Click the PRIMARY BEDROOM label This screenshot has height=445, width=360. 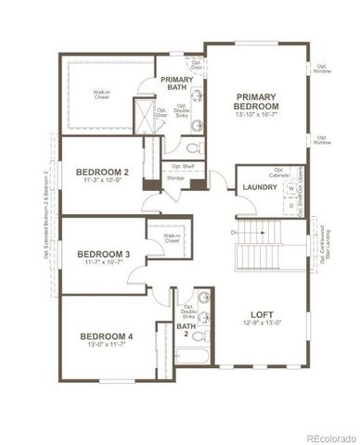256,101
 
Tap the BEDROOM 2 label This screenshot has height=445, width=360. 102,172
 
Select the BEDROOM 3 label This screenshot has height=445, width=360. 103,253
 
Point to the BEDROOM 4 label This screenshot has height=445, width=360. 105,336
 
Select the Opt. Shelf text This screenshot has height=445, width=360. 183,167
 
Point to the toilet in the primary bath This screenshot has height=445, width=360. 192,147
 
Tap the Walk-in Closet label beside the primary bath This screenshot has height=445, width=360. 103,95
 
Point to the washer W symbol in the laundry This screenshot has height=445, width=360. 290,187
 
